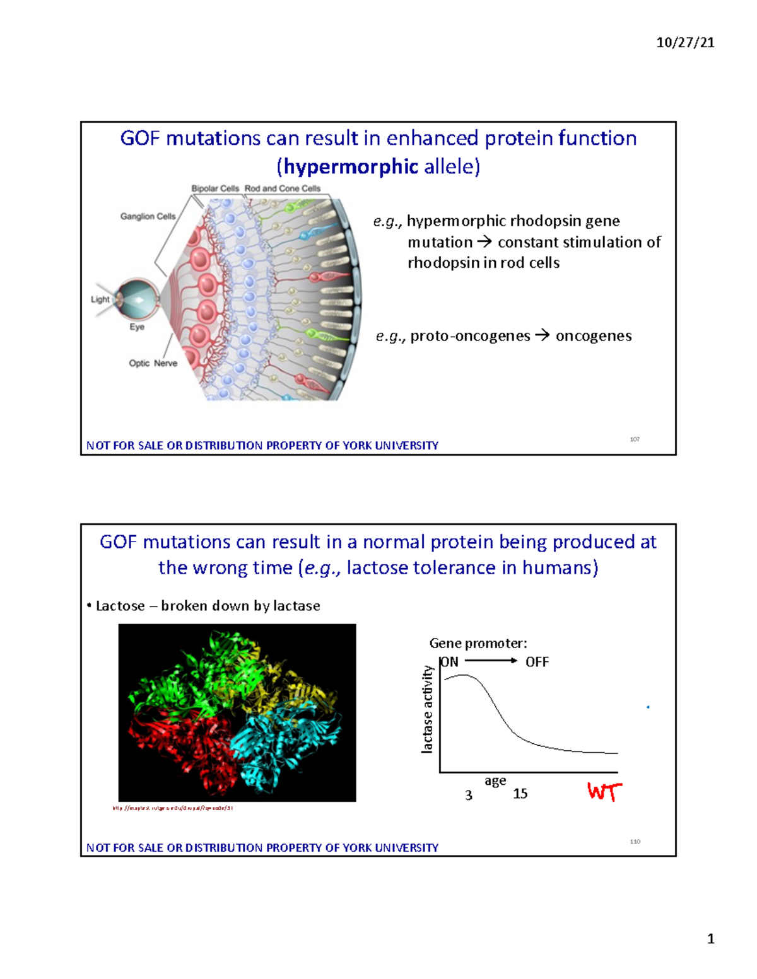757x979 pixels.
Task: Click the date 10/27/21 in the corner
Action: click(x=685, y=43)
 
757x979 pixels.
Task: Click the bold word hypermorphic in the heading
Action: click(x=351, y=167)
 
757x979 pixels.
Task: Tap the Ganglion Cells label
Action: click(x=148, y=216)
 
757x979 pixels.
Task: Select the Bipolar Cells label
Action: click(x=215, y=188)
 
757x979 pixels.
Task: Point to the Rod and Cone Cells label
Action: click(x=283, y=188)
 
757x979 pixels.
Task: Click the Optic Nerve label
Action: click(x=153, y=363)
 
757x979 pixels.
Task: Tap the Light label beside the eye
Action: click(x=100, y=299)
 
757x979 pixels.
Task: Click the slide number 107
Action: click(x=635, y=439)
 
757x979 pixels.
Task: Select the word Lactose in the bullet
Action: click(x=120, y=606)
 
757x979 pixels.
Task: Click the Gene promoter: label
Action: click(x=478, y=643)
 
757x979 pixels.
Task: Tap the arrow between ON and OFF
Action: click(x=491, y=661)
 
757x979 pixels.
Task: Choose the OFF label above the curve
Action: click(x=537, y=662)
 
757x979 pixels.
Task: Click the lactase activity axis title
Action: click(x=428, y=709)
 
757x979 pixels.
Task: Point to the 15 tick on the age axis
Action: click(x=520, y=794)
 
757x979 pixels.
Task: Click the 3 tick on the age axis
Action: click(x=469, y=796)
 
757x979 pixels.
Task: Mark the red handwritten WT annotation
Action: click(x=604, y=791)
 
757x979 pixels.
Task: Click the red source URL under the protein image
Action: click(x=173, y=808)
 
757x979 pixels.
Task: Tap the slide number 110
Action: click(x=635, y=842)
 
